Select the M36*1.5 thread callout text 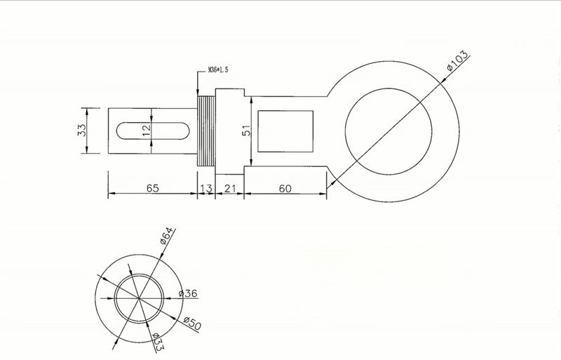click(x=217, y=70)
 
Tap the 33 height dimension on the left click(x=81, y=131)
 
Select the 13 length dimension click(x=205, y=188)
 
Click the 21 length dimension click(x=229, y=188)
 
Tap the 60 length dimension click(x=285, y=188)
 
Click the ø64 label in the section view click(x=167, y=236)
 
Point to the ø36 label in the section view click(x=190, y=294)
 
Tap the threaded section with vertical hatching click(x=205, y=131)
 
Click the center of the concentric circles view click(x=140, y=299)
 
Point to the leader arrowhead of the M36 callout click(x=198, y=93)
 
